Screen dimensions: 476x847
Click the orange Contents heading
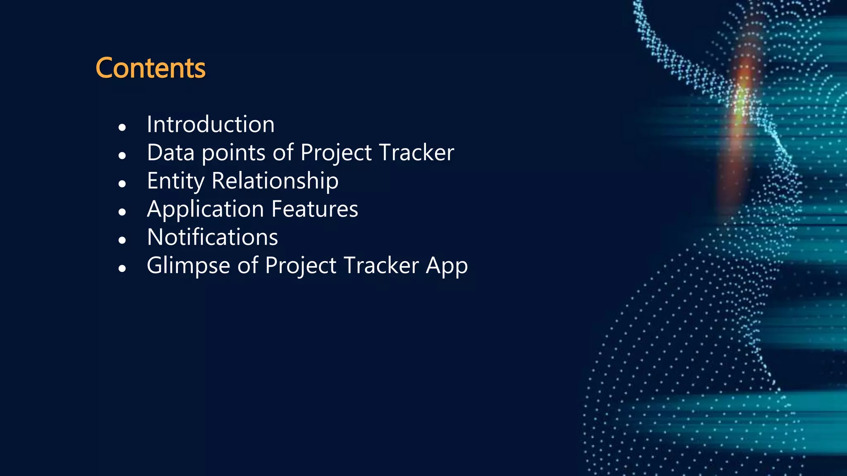pyautogui.click(x=151, y=68)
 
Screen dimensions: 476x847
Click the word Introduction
pyautogui.click(x=211, y=124)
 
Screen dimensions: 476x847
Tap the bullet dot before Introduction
pyautogui.click(x=122, y=127)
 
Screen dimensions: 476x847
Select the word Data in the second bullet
pyautogui.click(x=170, y=152)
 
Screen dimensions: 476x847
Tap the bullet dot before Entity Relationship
pyautogui.click(x=122, y=184)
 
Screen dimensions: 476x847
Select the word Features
pyautogui.click(x=315, y=209)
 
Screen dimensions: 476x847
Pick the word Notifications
pyautogui.click(x=213, y=237)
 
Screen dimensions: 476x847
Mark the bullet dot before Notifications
pyautogui.click(x=122, y=240)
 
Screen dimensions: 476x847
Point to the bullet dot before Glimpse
pyautogui.click(x=122, y=269)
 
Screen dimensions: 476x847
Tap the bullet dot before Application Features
pyautogui.click(x=122, y=212)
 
